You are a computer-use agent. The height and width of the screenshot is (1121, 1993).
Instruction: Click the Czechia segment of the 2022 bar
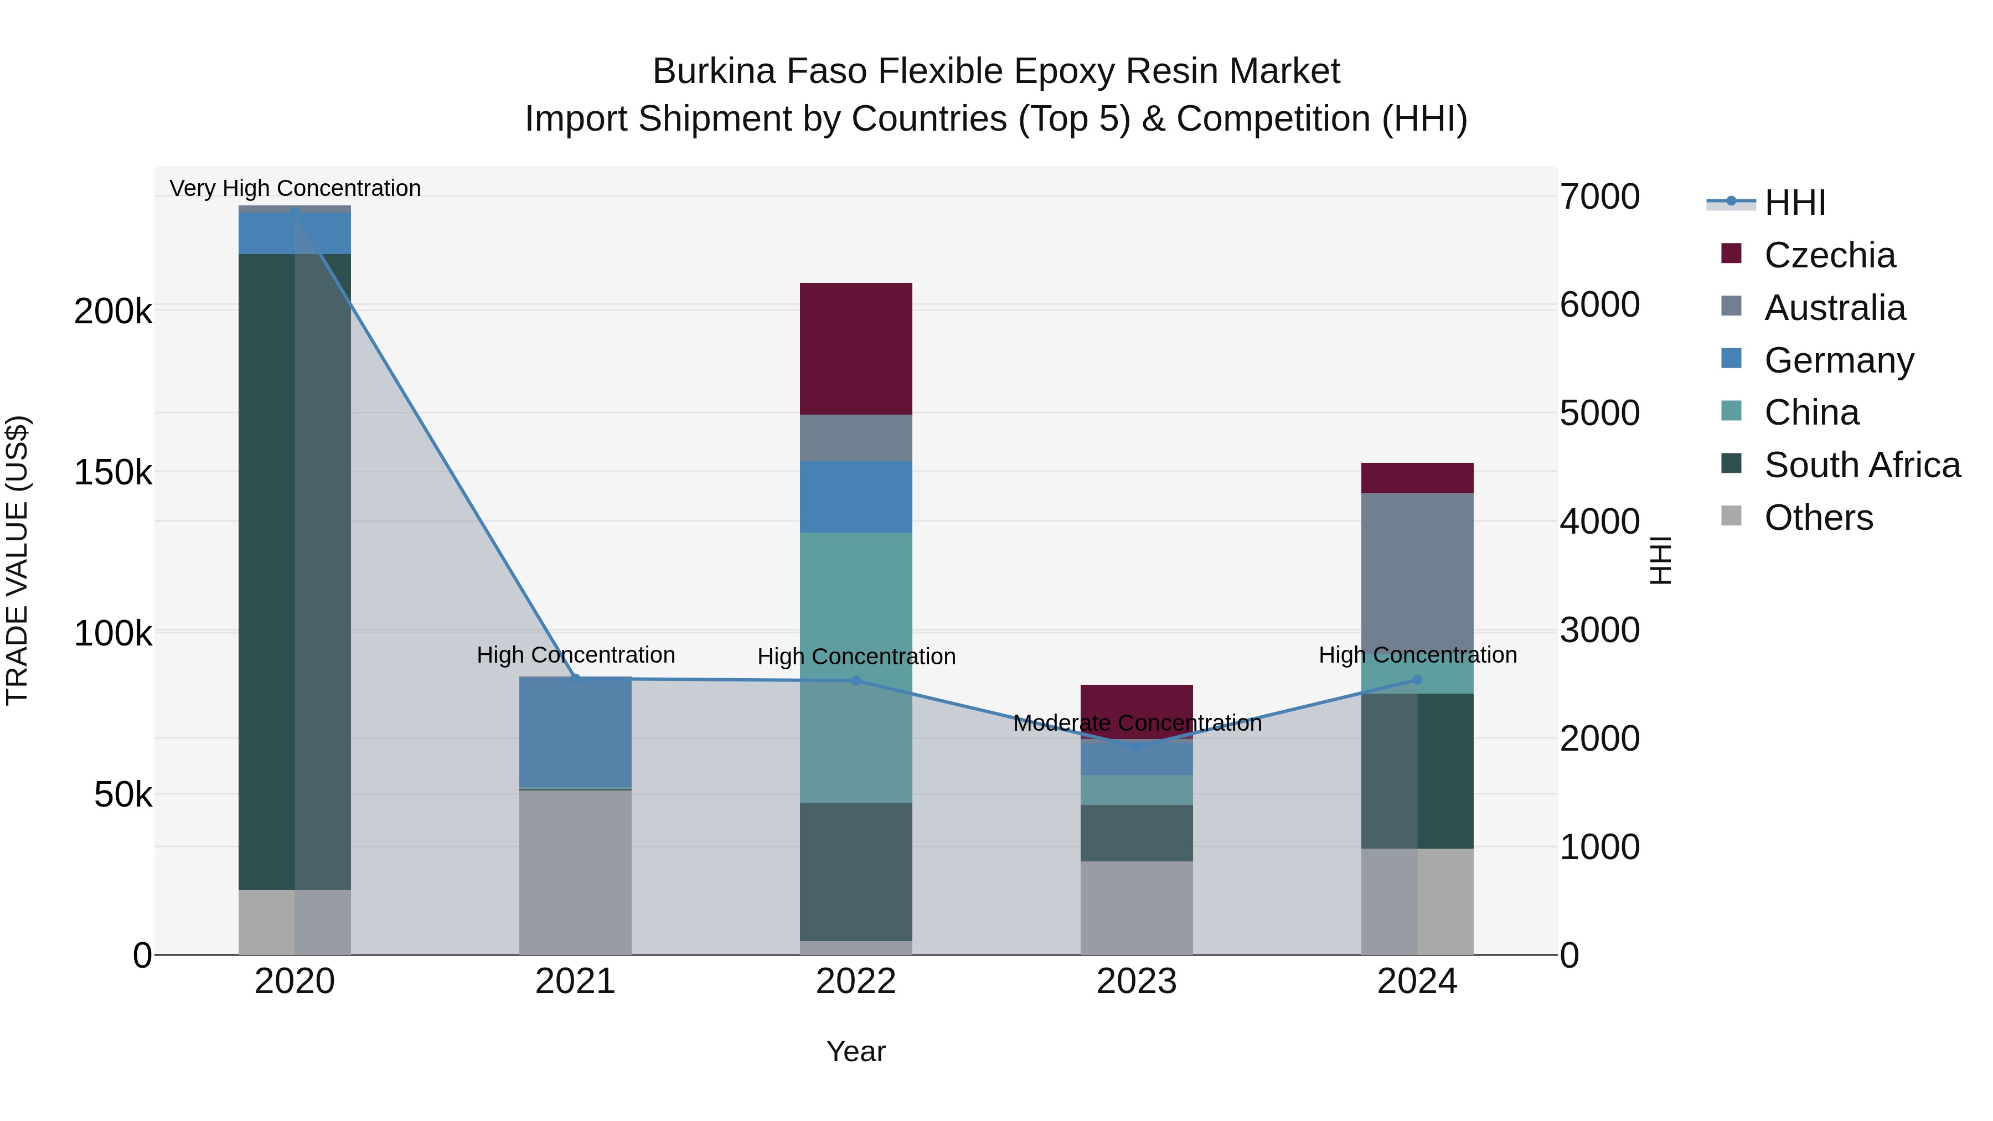click(x=856, y=348)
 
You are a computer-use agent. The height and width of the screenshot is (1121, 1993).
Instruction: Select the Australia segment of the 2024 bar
click(x=1417, y=572)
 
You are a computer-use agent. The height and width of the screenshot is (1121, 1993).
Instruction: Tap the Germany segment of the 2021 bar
click(x=575, y=732)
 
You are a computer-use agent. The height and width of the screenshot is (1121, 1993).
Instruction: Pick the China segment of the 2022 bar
click(x=856, y=667)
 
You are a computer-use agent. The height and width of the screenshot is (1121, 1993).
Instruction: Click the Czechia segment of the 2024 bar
click(x=1417, y=478)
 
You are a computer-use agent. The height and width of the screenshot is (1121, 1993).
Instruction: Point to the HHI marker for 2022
click(x=856, y=681)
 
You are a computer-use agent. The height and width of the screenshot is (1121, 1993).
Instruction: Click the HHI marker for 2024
click(x=1417, y=680)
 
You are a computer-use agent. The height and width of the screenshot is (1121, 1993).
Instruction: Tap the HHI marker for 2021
click(x=575, y=679)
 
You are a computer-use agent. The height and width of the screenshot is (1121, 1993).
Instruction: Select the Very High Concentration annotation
click(x=295, y=188)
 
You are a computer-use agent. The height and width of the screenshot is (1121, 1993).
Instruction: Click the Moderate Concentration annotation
click(x=1137, y=724)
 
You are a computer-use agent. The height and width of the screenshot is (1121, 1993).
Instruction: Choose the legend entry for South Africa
click(x=1862, y=465)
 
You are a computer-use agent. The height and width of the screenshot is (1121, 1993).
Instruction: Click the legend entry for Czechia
click(x=1830, y=255)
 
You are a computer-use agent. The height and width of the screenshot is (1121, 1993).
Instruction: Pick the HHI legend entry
click(x=1795, y=203)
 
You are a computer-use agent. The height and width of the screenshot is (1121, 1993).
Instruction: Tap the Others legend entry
click(x=1818, y=518)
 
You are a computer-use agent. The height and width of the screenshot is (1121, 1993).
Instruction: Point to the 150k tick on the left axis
click(x=113, y=472)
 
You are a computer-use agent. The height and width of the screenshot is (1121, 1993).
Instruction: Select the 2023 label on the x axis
click(x=1137, y=981)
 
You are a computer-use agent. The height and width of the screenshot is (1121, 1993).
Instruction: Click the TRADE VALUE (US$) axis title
click(x=17, y=560)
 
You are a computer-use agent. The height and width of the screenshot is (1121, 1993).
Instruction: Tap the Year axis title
click(x=856, y=1051)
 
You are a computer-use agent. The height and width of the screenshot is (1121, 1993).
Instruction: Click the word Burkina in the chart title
click(x=714, y=71)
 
